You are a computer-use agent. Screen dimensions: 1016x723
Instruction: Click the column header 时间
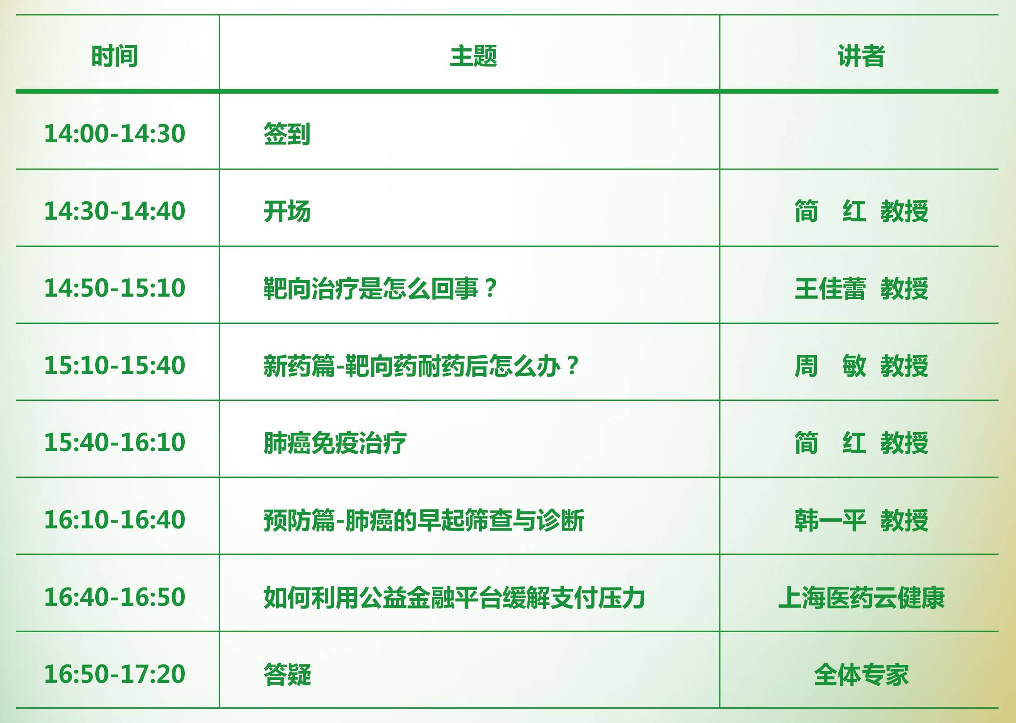(x=115, y=56)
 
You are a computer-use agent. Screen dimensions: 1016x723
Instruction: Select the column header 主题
(x=473, y=56)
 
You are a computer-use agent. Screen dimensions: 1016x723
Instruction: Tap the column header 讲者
(x=861, y=56)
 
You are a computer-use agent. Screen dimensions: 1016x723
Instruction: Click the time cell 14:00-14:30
(x=115, y=133)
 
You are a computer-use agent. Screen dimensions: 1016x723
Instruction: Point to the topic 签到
(x=287, y=134)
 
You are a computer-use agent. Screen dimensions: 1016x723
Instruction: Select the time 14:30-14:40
(x=115, y=211)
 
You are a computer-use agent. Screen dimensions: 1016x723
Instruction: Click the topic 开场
(x=287, y=211)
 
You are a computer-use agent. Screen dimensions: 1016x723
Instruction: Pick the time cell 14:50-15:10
(x=115, y=288)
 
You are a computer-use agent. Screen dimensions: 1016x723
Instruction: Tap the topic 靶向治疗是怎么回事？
(x=380, y=288)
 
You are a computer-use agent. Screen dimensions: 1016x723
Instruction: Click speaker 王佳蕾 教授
(x=862, y=288)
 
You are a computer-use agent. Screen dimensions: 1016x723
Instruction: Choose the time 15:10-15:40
(x=115, y=365)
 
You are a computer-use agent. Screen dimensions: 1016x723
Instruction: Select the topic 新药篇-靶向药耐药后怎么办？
(x=421, y=366)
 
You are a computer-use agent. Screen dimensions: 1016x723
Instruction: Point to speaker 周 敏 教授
(x=862, y=366)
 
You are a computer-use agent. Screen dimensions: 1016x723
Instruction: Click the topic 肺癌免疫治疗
(x=335, y=443)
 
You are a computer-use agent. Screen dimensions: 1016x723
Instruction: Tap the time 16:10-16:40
(x=115, y=519)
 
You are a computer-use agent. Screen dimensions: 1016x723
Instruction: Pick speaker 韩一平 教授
(x=862, y=520)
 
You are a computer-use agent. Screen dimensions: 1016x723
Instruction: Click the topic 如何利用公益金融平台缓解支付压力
(x=454, y=597)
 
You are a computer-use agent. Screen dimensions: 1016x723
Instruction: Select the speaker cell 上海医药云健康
(x=862, y=597)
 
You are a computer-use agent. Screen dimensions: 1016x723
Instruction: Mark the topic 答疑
(x=287, y=674)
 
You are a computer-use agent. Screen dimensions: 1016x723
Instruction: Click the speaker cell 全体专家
(x=862, y=674)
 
